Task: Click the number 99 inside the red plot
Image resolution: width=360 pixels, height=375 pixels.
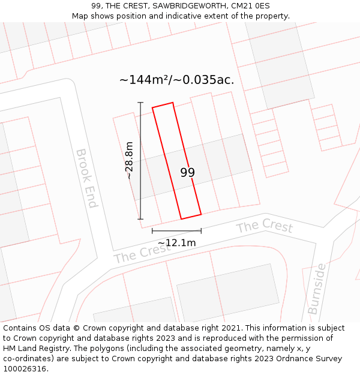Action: click(187, 173)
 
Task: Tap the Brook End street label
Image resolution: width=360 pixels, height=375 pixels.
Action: click(86, 178)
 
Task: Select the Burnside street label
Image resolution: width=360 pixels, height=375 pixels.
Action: click(317, 288)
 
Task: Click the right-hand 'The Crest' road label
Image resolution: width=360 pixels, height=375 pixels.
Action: click(264, 227)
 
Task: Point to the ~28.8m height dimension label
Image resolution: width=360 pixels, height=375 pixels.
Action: click(129, 160)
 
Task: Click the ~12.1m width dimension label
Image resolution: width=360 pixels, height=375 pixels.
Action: click(176, 243)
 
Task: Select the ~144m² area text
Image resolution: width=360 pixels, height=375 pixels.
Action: click(144, 80)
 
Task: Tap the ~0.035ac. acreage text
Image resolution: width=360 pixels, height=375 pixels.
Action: click(205, 80)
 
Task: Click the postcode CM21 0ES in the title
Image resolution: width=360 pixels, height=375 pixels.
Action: click(249, 5)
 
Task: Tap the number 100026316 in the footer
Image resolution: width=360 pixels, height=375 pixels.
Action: click(25, 368)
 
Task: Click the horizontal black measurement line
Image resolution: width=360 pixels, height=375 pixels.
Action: click(176, 230)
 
